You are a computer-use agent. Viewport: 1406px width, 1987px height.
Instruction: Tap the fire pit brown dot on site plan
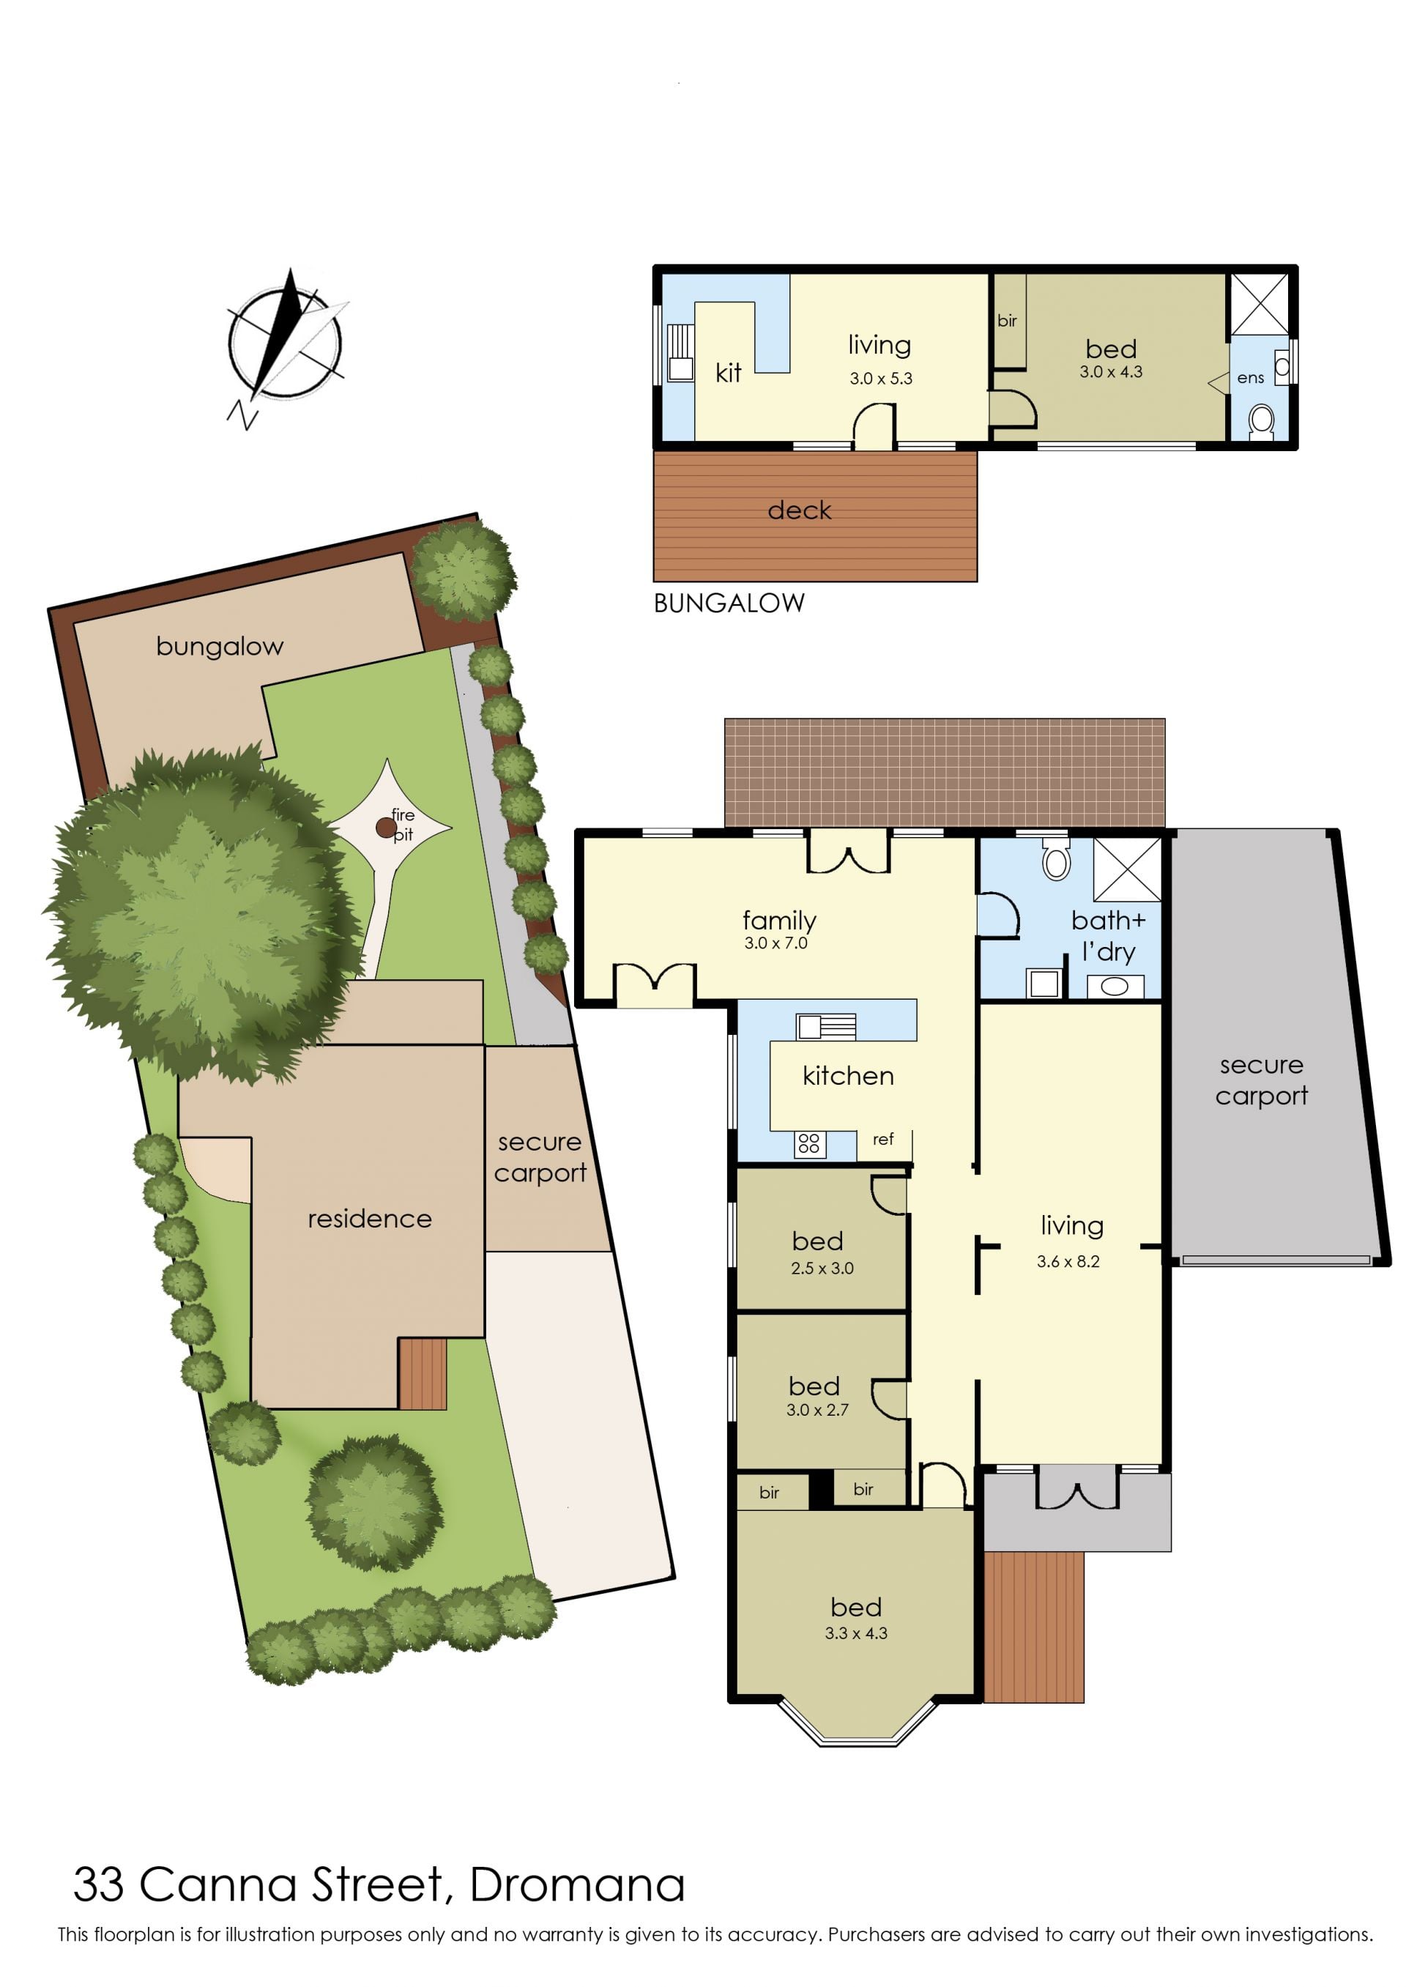click(x=386, y=828)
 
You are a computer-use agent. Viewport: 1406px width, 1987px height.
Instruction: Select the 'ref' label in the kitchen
click(x=883, y=1139)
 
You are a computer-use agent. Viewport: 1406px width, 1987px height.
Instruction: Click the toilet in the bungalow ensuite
click(x=1262, y=421)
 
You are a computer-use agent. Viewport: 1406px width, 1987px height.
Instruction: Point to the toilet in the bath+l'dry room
click(x=1056, y=859)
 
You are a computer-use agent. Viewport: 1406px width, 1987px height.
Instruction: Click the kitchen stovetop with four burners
click(x=808, y=1144)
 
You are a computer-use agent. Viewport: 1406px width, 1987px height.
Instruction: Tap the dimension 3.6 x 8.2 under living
click(x=1068, y=1261)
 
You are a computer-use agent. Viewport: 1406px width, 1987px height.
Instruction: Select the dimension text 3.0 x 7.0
click(x=775, y=943)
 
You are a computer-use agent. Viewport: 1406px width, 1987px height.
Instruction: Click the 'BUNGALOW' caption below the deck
click(x=729, y=603)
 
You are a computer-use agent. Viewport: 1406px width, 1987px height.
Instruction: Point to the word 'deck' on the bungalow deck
click(x=799, y=510)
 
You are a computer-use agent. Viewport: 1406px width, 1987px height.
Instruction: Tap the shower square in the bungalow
click(x=1260, y=305)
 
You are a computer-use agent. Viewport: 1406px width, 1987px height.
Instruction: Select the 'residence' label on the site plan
click(x=370, y=1219)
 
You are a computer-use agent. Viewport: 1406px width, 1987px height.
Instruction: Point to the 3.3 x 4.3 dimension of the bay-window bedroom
click(x=856, y=1633)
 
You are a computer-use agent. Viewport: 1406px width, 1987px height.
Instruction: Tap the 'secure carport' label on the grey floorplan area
click(x=1262, y=1080)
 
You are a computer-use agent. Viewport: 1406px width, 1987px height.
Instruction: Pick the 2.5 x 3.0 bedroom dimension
click(x=822, y=1269)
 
